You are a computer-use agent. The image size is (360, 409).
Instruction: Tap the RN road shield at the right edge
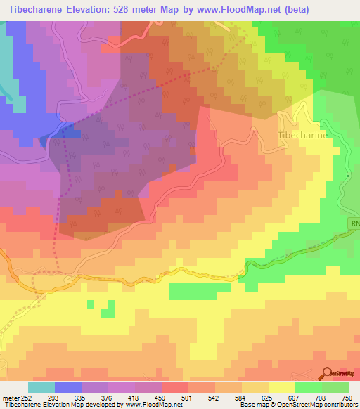[x=354, y=223]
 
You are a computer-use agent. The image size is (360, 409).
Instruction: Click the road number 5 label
[x=347, y=174]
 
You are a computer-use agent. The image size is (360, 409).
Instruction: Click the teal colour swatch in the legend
[x=41, y=387]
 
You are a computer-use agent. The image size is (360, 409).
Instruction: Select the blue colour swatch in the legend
[x=68, y=387]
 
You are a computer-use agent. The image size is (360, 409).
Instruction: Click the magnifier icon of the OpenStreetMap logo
[x=327, y=373]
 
